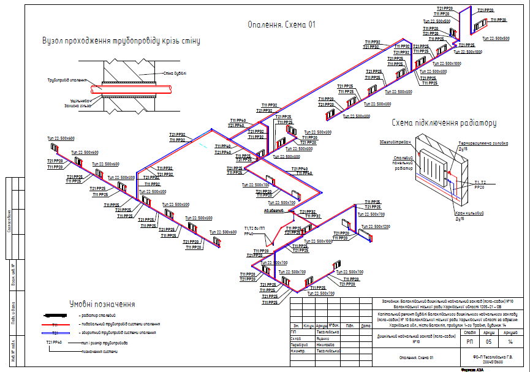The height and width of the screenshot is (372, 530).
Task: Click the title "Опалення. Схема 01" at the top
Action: (x=281, y=25)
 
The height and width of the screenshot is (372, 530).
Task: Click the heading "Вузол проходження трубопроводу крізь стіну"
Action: (x=121, y=41)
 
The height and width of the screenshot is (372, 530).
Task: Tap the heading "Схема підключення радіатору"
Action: (x=443, y=123)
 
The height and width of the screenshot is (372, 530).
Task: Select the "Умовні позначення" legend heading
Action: (x=102, y=304)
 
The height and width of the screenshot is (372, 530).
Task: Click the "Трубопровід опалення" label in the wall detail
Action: (x=66, y=80)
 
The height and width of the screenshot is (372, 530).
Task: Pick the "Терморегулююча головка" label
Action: (x=483, y=143)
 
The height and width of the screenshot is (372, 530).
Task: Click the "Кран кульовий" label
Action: (x=469, y=213)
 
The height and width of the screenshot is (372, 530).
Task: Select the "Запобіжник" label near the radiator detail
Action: (x=394, y=142)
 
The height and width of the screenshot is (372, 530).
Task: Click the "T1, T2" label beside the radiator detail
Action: (x=479, y=183)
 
